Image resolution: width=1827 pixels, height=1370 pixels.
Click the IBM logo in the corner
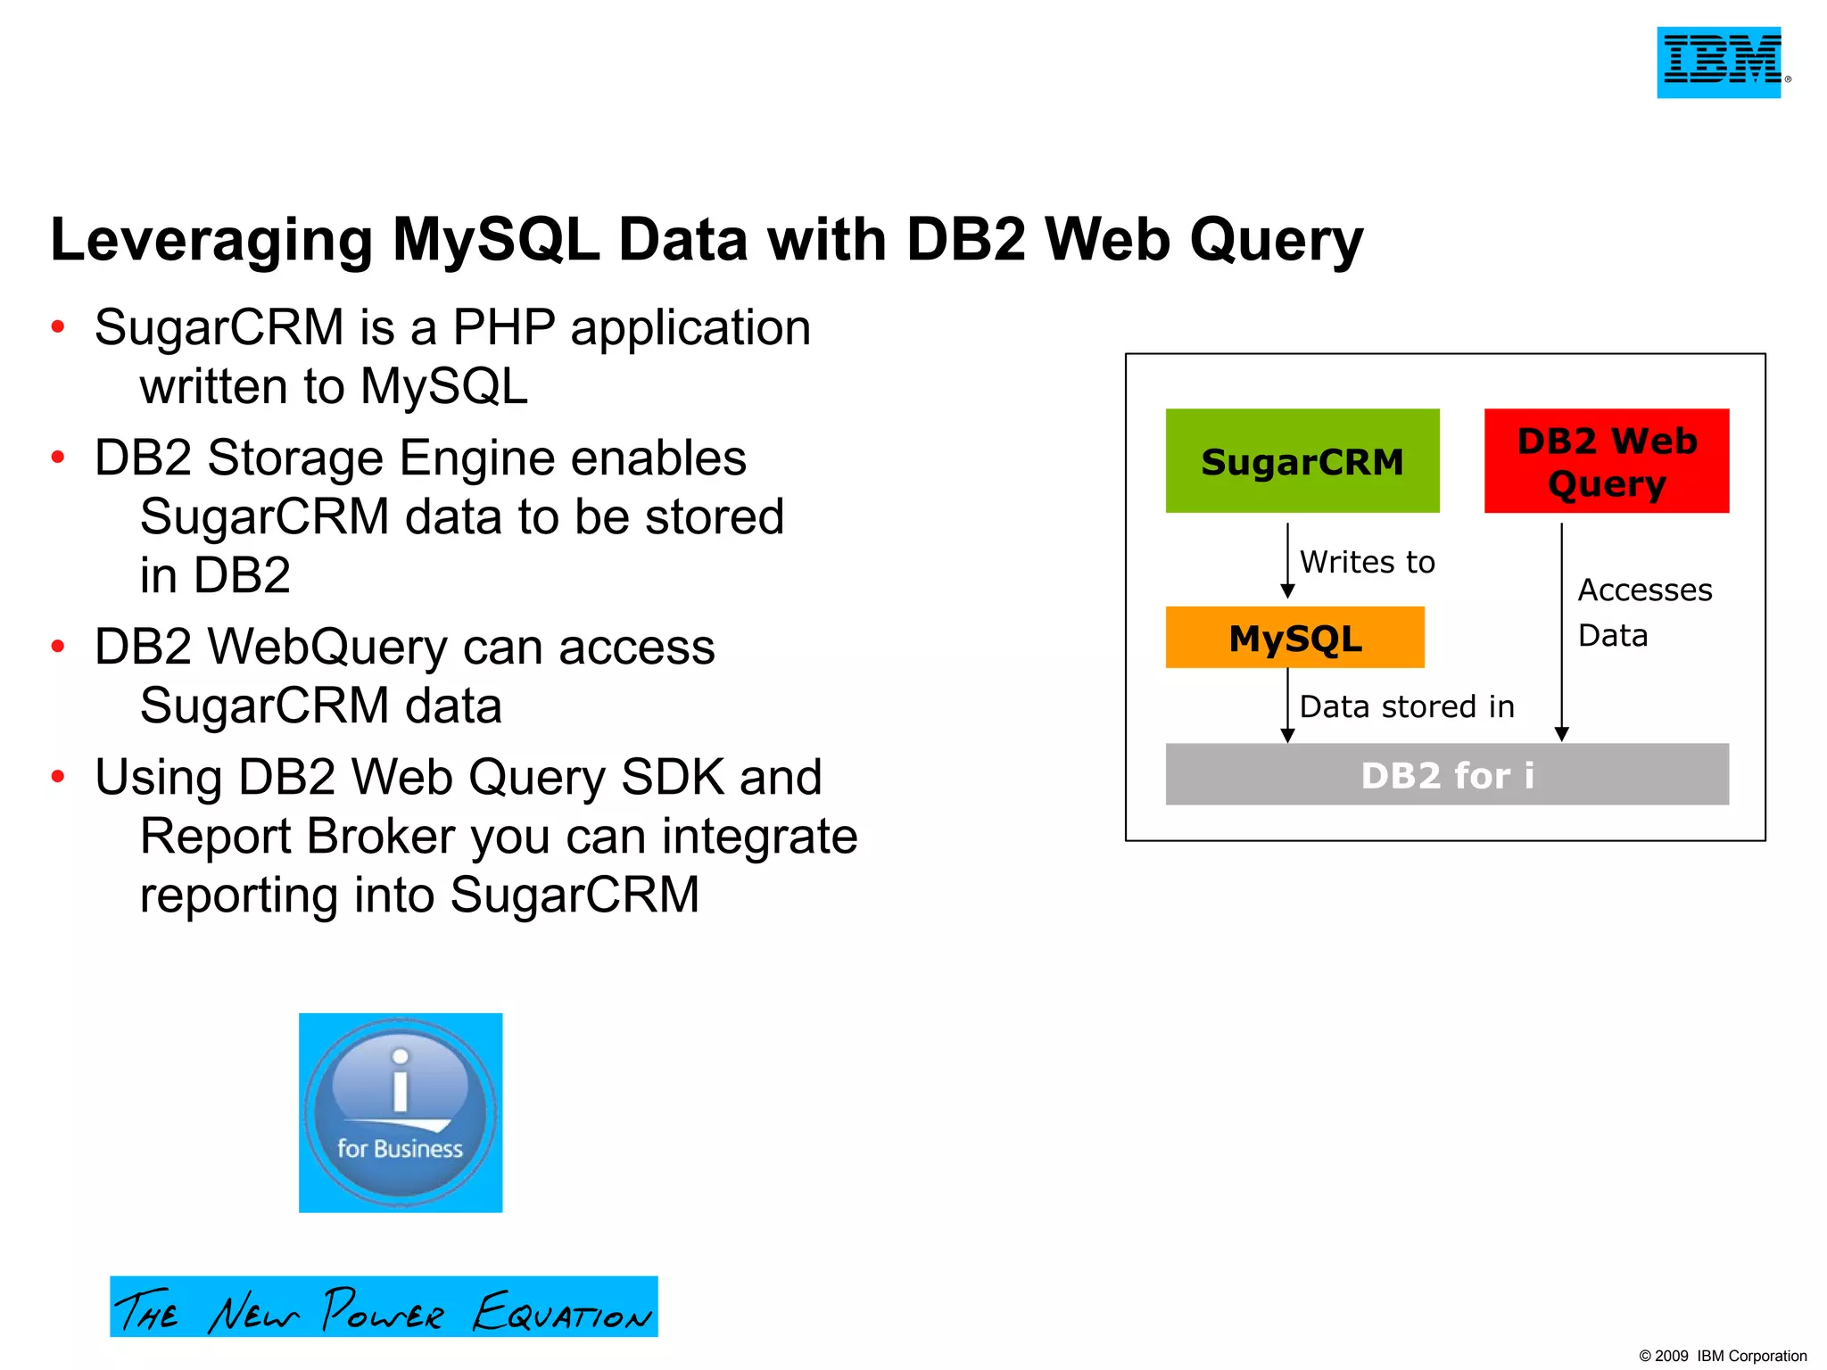(1719, 62)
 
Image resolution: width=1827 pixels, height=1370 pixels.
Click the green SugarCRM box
(1302, 461)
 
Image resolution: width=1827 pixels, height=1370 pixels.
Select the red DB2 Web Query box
(1606, 461)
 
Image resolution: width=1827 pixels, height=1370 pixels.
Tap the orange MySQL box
(1294, 638)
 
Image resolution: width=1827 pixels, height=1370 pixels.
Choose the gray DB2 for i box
(1446, 774)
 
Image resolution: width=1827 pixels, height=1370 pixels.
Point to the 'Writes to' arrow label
(1367, 562)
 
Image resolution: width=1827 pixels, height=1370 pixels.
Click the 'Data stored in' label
(1407, 706)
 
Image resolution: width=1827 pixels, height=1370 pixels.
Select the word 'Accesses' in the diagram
(1644, 590)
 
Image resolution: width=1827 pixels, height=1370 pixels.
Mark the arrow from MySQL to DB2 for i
(1287, 705)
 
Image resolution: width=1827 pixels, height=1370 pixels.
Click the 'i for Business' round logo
(401, 1112)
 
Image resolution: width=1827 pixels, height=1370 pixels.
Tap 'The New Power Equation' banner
(384, 1307)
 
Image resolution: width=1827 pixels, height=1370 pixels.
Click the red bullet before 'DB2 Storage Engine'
(58, 458)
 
